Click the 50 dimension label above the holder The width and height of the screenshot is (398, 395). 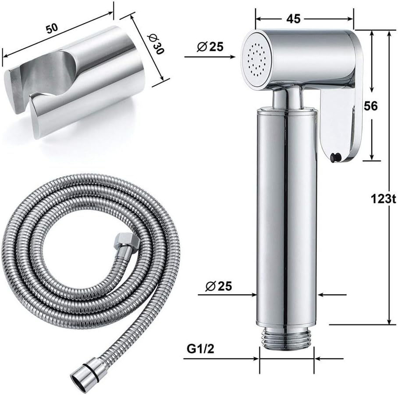point(52,28)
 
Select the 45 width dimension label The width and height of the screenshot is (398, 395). point(293,19)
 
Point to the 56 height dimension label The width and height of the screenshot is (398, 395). point(370,106)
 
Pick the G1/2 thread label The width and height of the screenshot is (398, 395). point(200,349)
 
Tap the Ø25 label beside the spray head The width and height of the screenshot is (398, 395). point(210,47)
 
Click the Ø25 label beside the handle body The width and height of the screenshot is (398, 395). point(219,287)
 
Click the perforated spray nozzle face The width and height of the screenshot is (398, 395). point(256,60)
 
